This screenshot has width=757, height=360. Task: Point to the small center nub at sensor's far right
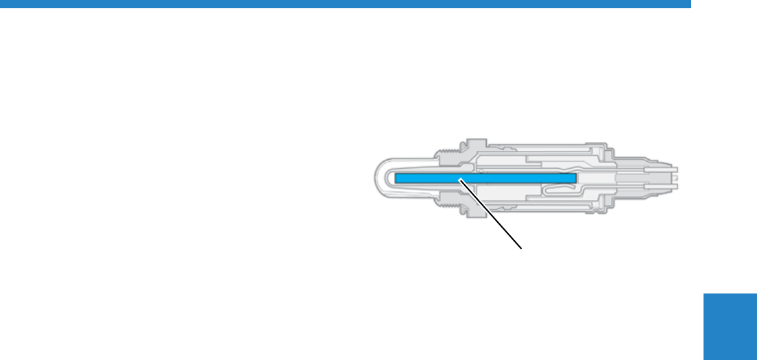[x=676, y=177]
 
